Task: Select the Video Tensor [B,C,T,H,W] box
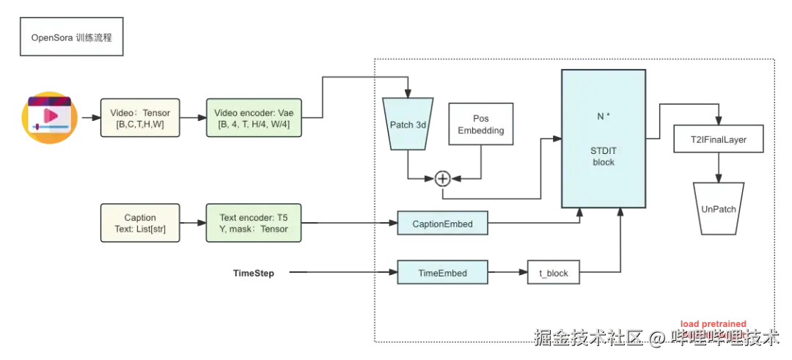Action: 139,118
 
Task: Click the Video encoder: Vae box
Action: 254,118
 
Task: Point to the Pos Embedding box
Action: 480,125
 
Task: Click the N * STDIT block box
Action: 603,139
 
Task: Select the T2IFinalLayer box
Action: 719,139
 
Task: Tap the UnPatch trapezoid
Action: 718,209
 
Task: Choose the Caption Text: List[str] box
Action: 139,223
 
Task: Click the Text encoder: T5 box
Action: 254,223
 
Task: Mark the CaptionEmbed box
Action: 442,224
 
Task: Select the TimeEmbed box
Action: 442,273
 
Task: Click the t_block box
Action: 554,273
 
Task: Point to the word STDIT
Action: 603,151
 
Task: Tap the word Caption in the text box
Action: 139,218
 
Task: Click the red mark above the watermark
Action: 714,323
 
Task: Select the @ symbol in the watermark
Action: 658,337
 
